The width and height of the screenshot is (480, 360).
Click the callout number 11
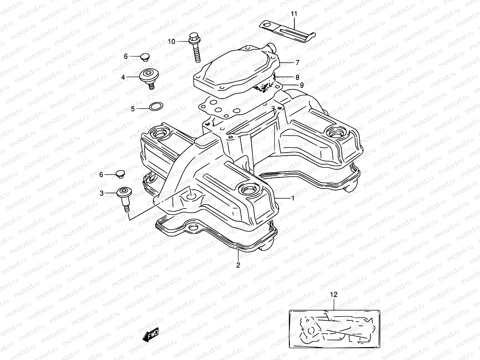[x=294, y=13]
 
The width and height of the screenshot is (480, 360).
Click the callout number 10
[x=171, y=41]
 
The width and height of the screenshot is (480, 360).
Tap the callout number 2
[x=238, y=265]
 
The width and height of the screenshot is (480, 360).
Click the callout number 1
[x=292, y=198]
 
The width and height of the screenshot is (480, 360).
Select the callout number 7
[x=297, y=63]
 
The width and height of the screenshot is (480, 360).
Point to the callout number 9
[x=301, y=85]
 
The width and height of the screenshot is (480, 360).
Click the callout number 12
[x=334, y=295]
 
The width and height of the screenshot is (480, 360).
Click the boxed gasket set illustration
[x=334, y=329]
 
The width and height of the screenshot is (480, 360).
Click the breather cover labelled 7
[x=237, y=70]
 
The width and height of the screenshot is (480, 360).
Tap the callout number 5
[x=133, y=109]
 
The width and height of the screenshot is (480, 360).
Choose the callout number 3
[x=102, y=193]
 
